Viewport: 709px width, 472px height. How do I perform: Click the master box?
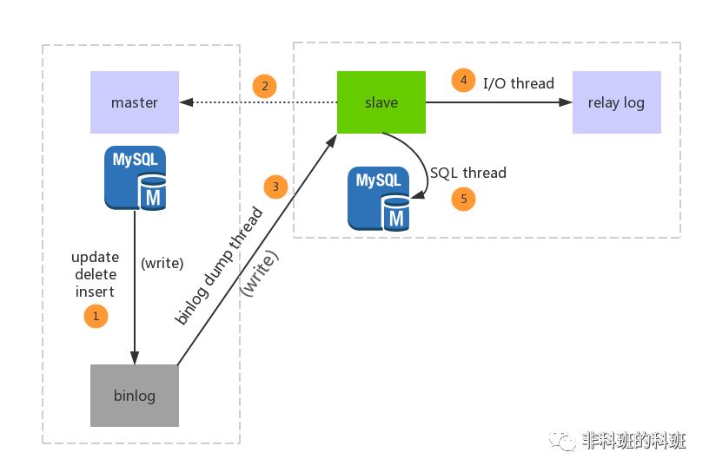tap(135, 102)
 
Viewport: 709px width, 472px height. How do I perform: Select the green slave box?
tap(381, 102)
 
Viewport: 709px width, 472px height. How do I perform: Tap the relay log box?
tap(616, 102)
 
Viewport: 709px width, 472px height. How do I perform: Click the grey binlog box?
tap(135, 396)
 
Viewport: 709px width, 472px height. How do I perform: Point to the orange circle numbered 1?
tap(96, 316)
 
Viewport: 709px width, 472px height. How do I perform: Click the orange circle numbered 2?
tap(264, 86)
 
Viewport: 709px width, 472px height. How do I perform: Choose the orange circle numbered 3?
tap(275, 187)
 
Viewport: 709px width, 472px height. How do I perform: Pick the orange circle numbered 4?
tap(463, 81)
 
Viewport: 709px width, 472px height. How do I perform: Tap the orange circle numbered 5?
tap(463, 199)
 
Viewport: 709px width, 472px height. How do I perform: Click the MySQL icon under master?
tap(136, 178)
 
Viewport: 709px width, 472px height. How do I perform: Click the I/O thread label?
tap(519, 83)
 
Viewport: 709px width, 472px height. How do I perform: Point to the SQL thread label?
tap(468, 173)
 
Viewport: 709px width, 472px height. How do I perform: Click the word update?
tap(95, 258)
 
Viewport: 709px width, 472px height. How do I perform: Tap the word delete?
tap(95, 275)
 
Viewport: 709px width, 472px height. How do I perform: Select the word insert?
tap(95, 292)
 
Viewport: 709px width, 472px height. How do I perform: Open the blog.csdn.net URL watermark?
tap(594, 456)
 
